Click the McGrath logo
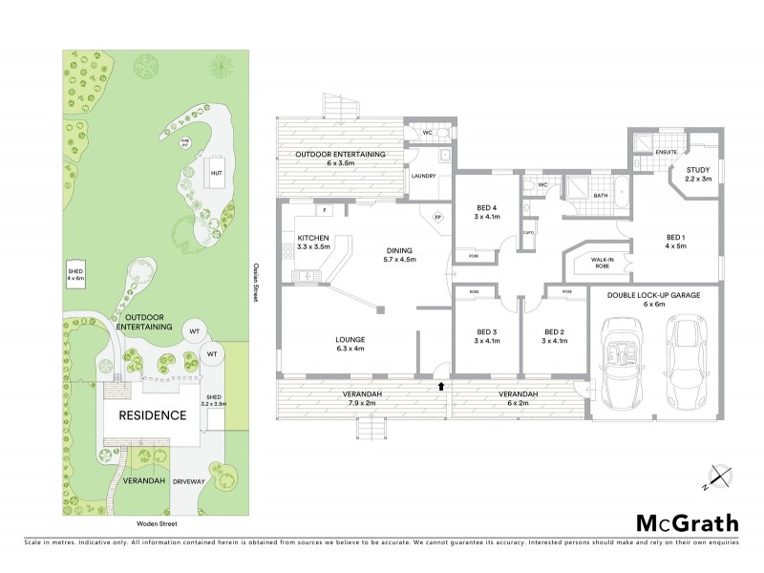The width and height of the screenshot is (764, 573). coord(688,522)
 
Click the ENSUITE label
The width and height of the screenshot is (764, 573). coord(667,152)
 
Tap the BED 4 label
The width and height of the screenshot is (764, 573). coord(487,213)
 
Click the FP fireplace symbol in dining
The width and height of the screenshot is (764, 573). coord(437,217)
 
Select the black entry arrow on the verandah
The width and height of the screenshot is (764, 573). coord(440,387)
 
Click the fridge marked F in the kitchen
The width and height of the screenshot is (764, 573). coord(325,210)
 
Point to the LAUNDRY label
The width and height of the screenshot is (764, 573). coord(422,176)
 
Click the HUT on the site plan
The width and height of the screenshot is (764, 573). coord(217,174)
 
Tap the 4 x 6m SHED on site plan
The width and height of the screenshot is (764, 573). coord(75,275)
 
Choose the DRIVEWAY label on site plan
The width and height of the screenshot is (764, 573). coord(190,481)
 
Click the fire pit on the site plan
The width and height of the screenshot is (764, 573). coord(185,143)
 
